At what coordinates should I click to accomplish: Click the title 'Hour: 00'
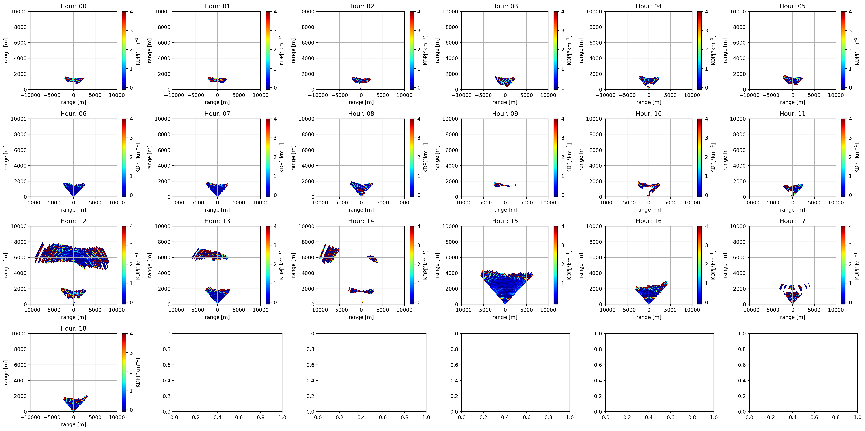73,6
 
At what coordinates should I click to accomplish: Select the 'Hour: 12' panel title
73,221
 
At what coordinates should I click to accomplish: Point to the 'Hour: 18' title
73,328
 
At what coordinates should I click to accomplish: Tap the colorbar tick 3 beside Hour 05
850,31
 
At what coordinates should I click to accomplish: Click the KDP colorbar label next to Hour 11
857,158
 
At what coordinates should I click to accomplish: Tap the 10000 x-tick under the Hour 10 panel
692,202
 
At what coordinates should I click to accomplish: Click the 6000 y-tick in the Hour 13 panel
164,258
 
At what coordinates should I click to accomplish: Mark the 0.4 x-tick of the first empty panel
217,417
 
